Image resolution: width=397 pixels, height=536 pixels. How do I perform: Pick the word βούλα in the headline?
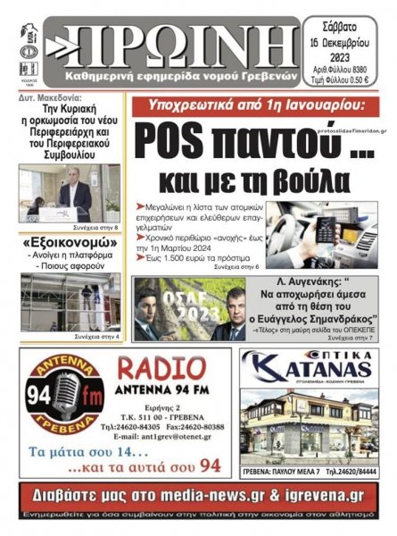[x=293, y=176]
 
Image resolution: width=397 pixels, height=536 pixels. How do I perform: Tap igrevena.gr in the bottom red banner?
[x=322, y=497]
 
